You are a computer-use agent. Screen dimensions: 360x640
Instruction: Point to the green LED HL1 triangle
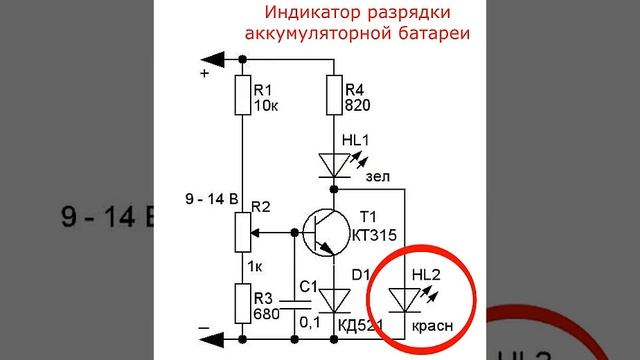(x=333, y=164)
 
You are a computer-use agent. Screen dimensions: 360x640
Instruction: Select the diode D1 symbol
(x=333, y=297)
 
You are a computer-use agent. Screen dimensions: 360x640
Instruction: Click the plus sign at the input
(x=205, y=73)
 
